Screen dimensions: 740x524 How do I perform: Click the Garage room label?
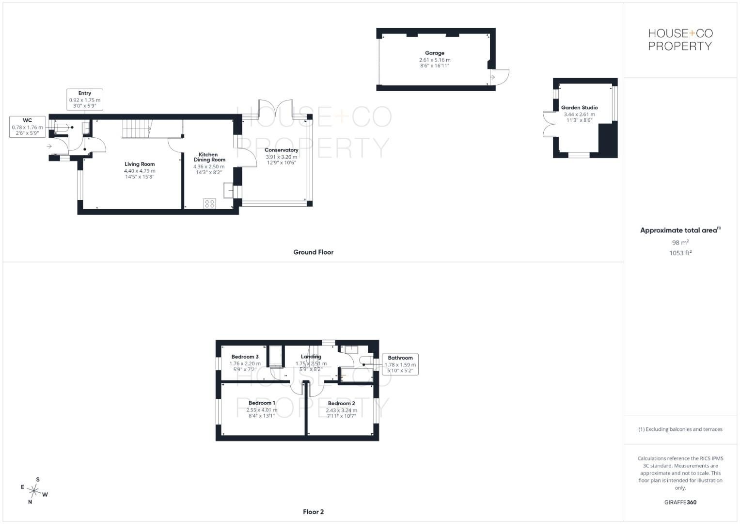[x=434, y=53]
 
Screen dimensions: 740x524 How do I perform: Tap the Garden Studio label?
[x=579, y=108]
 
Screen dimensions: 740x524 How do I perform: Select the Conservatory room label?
[x=281, y=150]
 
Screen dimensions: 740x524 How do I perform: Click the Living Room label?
[x=140, y=164]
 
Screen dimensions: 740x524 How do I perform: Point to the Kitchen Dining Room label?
[x=209, y=157]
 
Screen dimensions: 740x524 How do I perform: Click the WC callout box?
[x=28, y=127]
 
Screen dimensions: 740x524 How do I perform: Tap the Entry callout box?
[x=85, y=99]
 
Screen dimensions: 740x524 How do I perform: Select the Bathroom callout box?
[x=400, y=364]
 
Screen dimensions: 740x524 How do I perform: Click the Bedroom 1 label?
[x=262, y=403]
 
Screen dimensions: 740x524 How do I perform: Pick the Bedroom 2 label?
[x=341, y=403]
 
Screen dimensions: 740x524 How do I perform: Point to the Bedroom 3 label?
[x=245, y=357]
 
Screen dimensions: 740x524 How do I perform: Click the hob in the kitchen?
[x=209, y=203]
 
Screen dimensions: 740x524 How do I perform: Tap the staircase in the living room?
[x=138, y=129]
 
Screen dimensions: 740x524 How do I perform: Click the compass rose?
[x=34, y=491]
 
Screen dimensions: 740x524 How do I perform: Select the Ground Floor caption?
[x=313, y=252]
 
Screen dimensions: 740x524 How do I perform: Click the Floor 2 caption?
[x=313, y=512]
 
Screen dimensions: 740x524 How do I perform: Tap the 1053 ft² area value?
[x=680, y=253]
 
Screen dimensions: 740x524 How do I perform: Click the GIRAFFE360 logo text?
[x=680, y=502]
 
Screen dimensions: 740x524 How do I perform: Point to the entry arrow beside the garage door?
[x=492, y=78]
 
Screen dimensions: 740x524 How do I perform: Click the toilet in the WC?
[x=62, y=127]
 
